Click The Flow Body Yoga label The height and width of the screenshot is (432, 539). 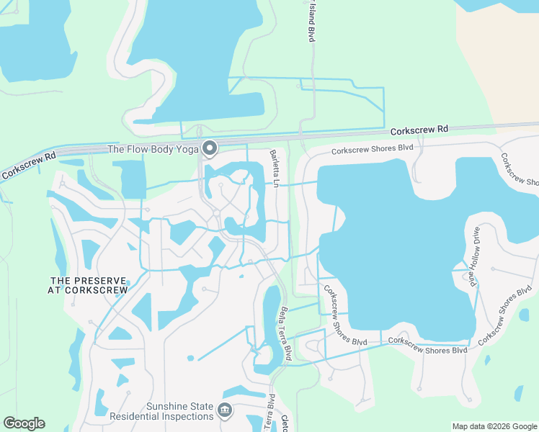pyautogui.click(x=153, y=150)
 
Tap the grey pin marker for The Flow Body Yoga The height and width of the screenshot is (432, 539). pyautogui.click(x=210, y=148)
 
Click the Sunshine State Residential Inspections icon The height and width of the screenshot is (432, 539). pyautogui.click(x=224, y=410)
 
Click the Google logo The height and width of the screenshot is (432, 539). pyautogui.click(x=24, y=423)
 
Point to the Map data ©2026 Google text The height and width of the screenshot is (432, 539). pyautogui.click(x=494, y=426)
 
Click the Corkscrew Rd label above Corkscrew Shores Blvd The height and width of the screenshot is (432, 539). pyautogui.click(x=419, y=130)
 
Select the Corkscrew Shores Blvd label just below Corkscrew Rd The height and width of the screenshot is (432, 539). pyautogui.click(x=372, y=149)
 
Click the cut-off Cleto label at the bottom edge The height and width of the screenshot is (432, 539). pyautogui.click(x=284, y=423)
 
